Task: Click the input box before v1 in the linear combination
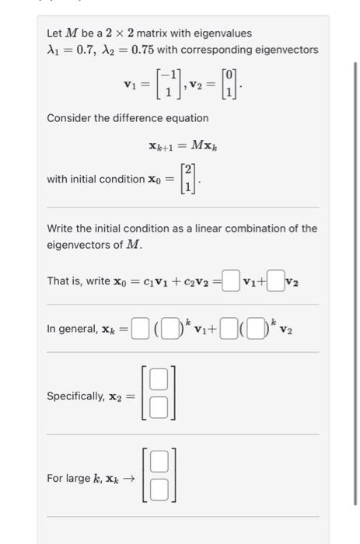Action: (x=229, y=281)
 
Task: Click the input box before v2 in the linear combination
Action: (x=275, y=281)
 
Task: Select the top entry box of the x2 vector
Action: (x=159, y=379)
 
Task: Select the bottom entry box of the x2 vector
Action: (x=159, y=406)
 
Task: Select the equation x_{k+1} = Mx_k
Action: (x=182, y=145)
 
